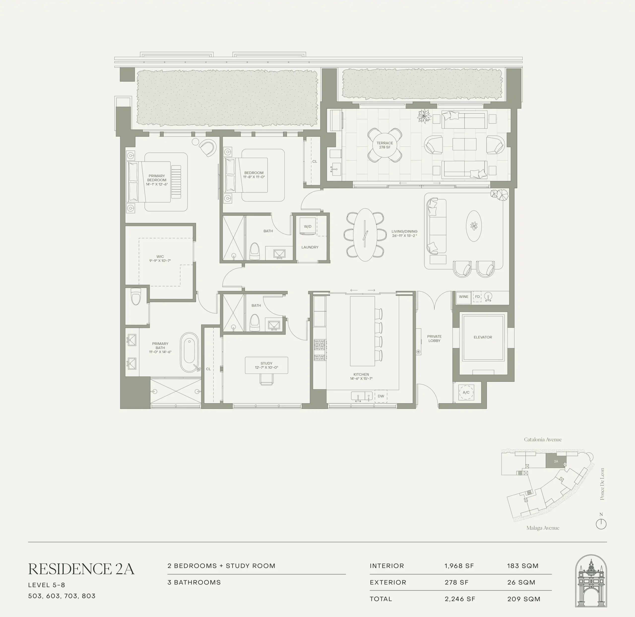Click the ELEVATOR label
(483, 337)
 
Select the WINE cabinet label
(464, 297)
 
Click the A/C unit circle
(466, 392)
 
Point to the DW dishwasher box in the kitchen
(381, 396)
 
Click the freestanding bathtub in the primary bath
(189, 352)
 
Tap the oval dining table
(365, 235)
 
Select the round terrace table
(385, 145)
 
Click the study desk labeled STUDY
(266, 365)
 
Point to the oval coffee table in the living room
(474, 226)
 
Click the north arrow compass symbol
(601, 524)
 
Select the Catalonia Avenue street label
(543, 439)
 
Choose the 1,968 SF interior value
(459, 566)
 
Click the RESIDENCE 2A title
(81, 569)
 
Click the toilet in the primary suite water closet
(136, 297)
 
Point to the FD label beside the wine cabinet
(477, 297)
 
